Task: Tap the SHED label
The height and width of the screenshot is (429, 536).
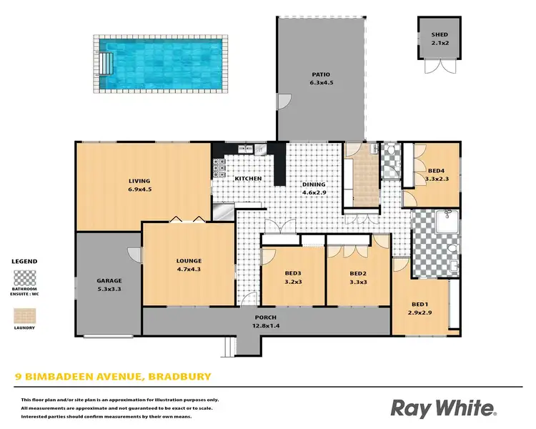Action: tap(439, 35)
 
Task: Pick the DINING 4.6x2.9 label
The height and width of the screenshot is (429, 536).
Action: tap(314, 189)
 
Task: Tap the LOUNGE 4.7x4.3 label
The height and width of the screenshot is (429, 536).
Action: tap(189, 265)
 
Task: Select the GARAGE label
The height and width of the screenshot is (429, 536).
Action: tap(109, 285)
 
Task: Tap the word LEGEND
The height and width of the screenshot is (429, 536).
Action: tap(24, 262)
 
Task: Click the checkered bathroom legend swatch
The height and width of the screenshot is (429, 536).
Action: tap(25, 277)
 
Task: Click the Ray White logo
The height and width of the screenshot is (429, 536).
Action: tap(442, 408)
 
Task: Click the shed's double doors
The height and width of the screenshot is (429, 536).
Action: tap(438, 67)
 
